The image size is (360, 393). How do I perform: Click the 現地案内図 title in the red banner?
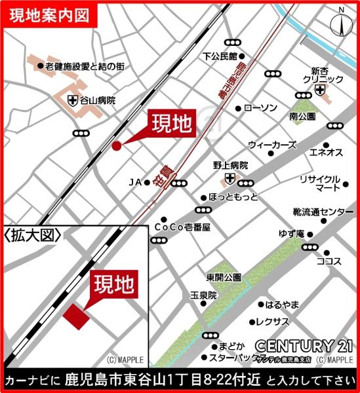[x=49, y=14]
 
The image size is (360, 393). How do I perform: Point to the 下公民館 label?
[x=218, y=56]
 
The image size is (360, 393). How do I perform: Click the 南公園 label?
[x=302, y=117]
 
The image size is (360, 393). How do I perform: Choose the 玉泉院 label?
[x=203, y=295]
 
